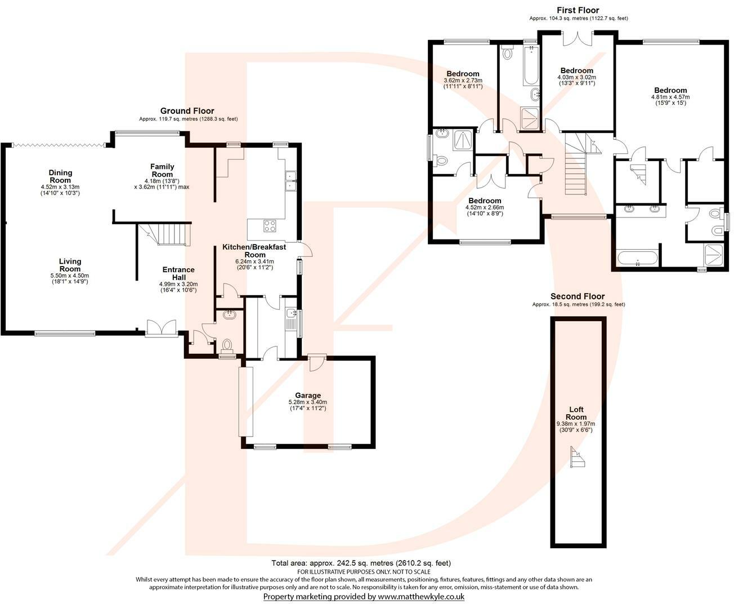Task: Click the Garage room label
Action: tap(308, 396)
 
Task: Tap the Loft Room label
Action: tap(576, 414)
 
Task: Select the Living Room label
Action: tap(70, 265)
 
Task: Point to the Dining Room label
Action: tap(60, 176)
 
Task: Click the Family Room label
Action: tap(162, 170)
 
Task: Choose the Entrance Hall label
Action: tap(178, 273)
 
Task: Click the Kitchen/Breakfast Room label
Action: tap(254, 251)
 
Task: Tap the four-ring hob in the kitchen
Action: tap(270, 226)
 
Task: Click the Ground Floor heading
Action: tap(187, 111)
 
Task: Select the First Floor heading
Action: tap(578, 10)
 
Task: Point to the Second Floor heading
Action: tap(578, 296)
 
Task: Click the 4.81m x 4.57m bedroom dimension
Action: tap(670, 97)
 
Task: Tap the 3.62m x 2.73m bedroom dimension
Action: tap(463, 81)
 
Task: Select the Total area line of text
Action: tap(361, 563)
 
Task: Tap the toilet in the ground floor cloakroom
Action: tap(227, 344)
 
